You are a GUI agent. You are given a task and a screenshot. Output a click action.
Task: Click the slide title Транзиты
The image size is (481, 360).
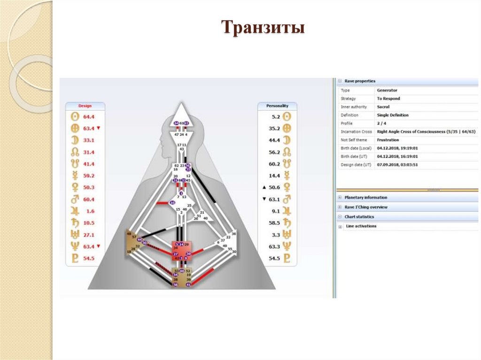pyautogui.click(x=264, y=27)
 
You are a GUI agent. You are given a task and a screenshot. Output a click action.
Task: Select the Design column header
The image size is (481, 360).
pyautogui.click(x=85, y=106)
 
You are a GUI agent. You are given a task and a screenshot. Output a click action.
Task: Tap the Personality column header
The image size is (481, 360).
pyautogui.click(x=277, y=106)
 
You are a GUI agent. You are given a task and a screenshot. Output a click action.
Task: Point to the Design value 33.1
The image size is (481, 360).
pyautogui.click(x=89, y=140)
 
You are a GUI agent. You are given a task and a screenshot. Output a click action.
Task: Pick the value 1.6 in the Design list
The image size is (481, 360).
pyautogui.click(x=90, y=211)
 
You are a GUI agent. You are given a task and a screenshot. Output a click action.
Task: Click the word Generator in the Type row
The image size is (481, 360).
pyautogui.click(x=387, y=90)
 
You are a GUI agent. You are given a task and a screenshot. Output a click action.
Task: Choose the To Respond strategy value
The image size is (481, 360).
pyautogui.click(x=388, y=99)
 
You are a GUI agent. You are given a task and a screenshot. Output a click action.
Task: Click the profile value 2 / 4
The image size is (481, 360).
pyautogui.click(x=381, y=123)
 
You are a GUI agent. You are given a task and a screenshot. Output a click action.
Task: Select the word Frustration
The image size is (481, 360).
pyautogui.click(x=388, y=140)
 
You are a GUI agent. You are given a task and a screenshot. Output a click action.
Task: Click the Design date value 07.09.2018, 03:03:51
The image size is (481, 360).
pyautogui.click(x=397, y=165)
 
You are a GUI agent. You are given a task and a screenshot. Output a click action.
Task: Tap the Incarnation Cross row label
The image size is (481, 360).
pyautogui.click(x=356, y=132)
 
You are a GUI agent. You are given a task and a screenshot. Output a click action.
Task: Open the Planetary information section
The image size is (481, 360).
pyautogui.click(x=365, y=198)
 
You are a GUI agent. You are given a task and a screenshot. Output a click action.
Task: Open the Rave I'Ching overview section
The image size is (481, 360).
pyautogui.click(x=366, y=207)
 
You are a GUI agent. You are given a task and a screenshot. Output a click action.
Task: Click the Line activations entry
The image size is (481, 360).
pyautogui.click(x=361, y=226)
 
